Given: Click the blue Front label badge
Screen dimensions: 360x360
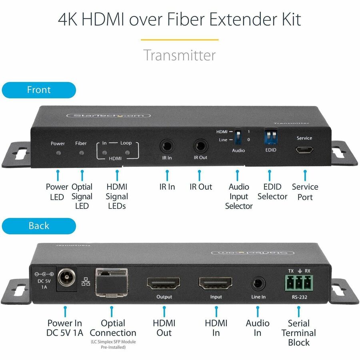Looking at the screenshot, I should tap(38, 90).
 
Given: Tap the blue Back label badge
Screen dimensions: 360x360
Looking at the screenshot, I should tap(38, 226).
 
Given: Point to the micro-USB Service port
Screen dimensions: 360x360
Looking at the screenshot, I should tap(304, 150).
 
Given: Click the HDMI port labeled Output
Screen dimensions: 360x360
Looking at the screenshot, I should tap(164, 284).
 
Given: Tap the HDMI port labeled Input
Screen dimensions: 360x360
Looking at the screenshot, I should tap(216, 284).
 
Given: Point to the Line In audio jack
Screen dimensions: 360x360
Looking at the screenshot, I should tap(258, 284).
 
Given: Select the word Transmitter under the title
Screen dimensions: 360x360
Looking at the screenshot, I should tap(180, 55).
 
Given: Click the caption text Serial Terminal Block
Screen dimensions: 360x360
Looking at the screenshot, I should tap(298, 333).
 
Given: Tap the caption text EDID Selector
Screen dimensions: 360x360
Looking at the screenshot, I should tap(272, 192).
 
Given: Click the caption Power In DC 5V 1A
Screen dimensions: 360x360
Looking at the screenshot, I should tap(65, 328).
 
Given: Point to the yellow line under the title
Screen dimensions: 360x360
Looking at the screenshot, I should tap(180, 40).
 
